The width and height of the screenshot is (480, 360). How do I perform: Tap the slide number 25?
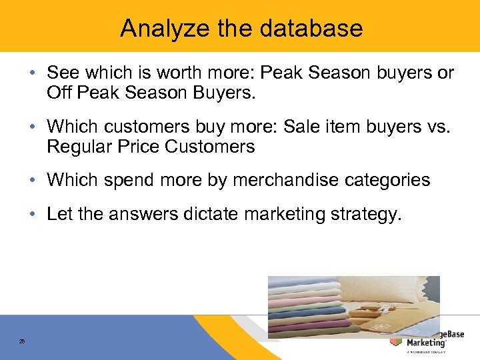[22, 341]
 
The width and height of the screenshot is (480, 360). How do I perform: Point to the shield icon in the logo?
[396, 341]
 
